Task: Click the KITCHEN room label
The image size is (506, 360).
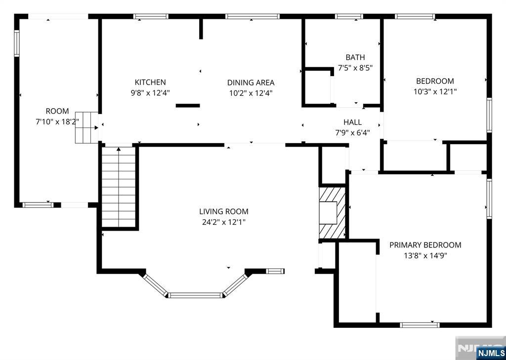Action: [x=150, y=82]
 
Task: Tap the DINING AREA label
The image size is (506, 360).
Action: [x=251, y=82]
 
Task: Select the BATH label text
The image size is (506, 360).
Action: [x=355, y=57]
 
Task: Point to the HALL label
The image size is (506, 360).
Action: [x=352, y=122]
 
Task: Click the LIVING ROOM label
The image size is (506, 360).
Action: [x=224, y=212]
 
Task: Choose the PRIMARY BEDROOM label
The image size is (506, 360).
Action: [x=425, y=245]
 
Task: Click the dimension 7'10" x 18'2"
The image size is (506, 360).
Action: [x=57, y=122]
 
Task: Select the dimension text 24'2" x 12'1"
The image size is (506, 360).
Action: [x=224, y=222]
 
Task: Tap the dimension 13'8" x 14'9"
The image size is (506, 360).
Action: [x=425, y=256]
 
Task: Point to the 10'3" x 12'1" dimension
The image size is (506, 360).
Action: [x=435, y=92]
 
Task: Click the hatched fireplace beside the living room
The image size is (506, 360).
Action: [x=332, y=213]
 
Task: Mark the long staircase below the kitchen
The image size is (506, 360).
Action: [x=119, y=187]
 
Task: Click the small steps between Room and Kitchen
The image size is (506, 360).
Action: [x=86, y=128]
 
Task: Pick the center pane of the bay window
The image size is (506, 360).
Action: [x=195, y=295]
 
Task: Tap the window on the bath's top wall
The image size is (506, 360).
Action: [x=349, y=16]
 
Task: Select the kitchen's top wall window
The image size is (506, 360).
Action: [x=151, y=16]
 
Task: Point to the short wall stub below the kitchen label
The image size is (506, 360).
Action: [x=187, y=106]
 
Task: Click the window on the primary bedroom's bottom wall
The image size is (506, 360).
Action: [x=420, y=325]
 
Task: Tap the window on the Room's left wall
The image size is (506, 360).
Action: [x=16, y=43]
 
